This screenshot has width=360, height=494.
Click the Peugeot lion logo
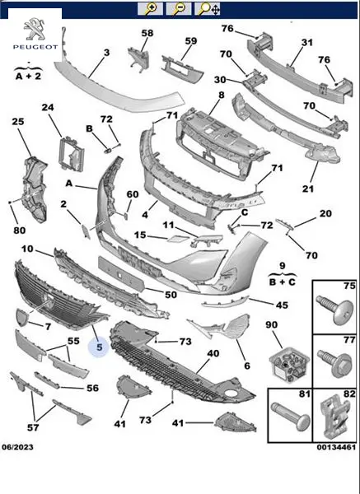[x=35, y=29]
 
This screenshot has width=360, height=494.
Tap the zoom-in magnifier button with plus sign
[x=150, y=8]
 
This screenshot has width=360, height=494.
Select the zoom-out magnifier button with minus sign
[x=179, y=8]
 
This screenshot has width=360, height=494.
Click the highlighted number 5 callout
[x=100, y=347]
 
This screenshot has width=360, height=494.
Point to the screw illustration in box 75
[x=335, y=310]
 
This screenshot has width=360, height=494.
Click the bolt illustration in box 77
[x=334, y=362]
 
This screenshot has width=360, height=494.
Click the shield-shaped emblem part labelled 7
[x=21, y=317]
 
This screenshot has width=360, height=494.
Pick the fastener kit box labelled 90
[x=288, y=365]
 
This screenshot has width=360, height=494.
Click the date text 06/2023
[x=17, y=447]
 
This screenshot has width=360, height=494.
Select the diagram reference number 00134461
[x=336, y=447]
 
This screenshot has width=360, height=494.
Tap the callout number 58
[x=147, y=33]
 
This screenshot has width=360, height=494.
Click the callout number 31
[x=307, y=42]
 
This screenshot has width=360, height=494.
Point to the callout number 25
[x=18, y=121]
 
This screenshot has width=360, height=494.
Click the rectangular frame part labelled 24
[x=71, y=154]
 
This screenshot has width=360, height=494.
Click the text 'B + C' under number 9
[x=282, y=282]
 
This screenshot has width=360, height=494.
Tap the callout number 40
[x=213, y=353]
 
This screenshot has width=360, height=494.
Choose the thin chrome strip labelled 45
[x=226, y=301]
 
